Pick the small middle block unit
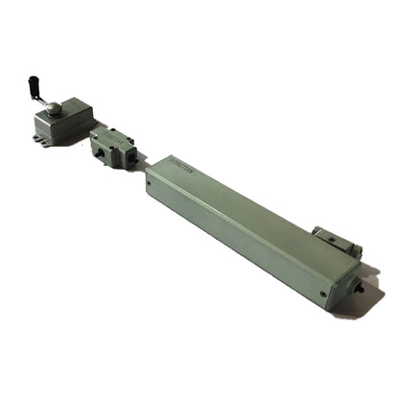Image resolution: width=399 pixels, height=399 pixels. pyautogui.click(x=113, y=148)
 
